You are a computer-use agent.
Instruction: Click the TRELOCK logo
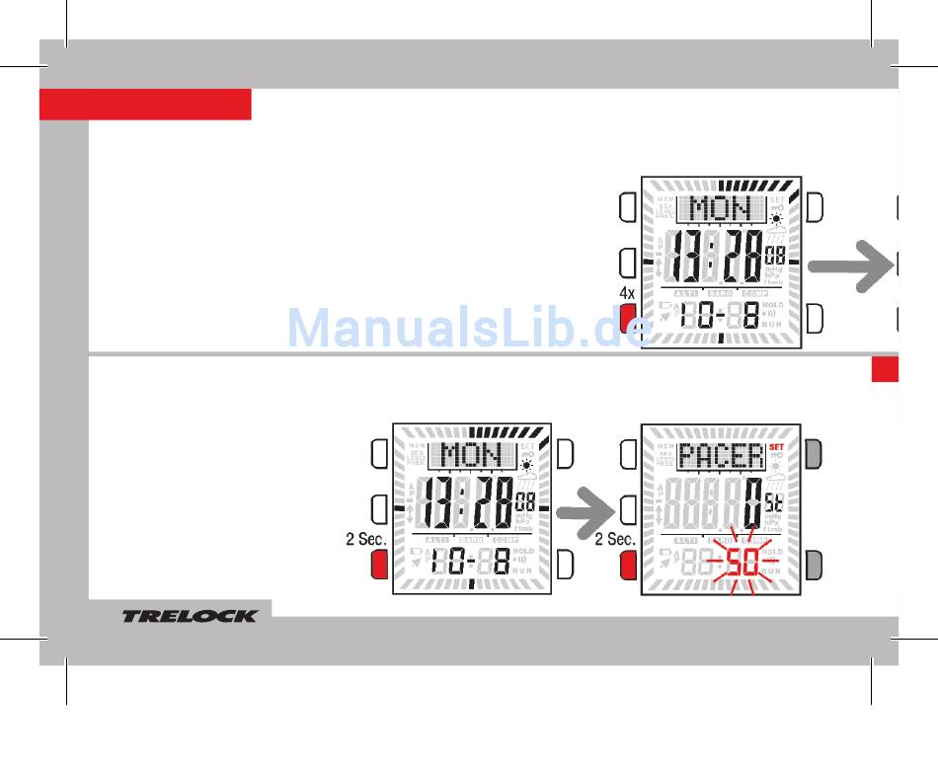coord(189,616)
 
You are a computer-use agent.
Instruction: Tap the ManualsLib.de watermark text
coord(469,327)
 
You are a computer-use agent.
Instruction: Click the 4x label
coord(627,293)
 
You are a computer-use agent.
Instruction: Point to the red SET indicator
coord(776,431)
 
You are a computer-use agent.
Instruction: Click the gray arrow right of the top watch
coord(847,266)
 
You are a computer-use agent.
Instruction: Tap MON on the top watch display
coord(720,208)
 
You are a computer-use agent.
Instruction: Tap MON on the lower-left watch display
coord(471,455)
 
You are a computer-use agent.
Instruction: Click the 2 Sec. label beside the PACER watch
coord(615,539)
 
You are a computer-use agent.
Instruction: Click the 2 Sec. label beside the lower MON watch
coord(365,539)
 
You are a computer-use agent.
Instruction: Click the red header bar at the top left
coord(145,104)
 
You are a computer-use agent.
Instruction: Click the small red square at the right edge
coord(885,368)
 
